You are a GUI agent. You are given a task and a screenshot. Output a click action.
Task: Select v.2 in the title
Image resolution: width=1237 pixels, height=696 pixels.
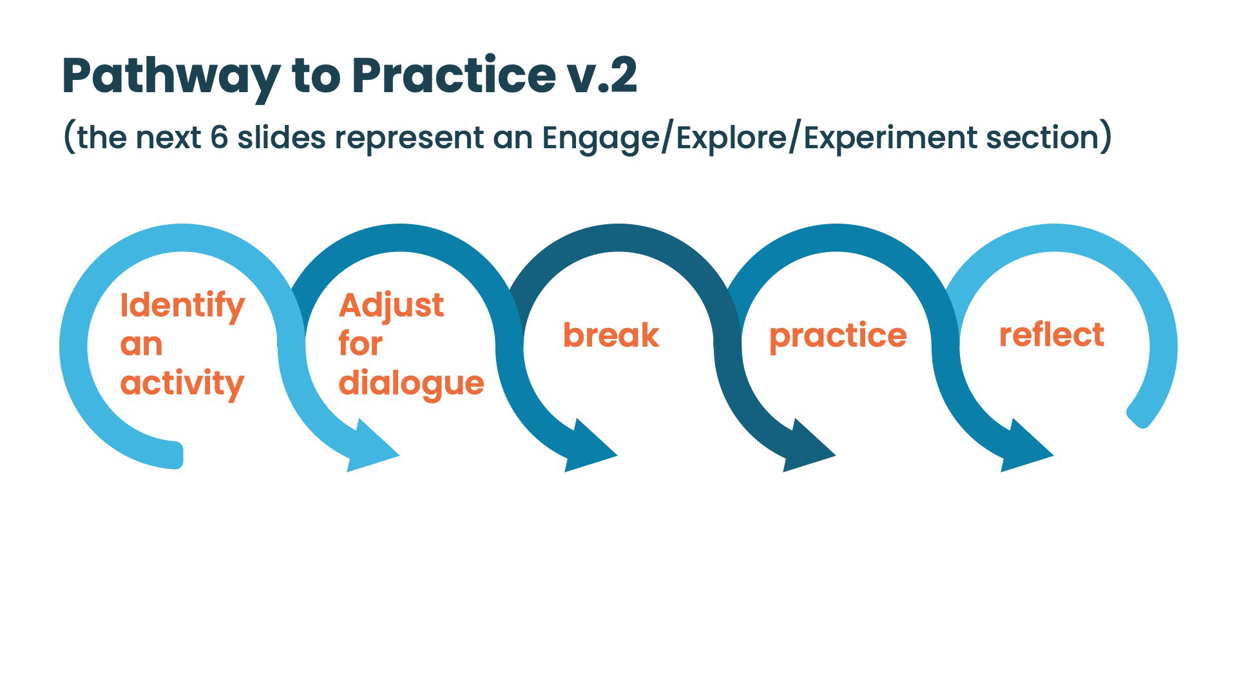pyautogui.click(x=602, y=77)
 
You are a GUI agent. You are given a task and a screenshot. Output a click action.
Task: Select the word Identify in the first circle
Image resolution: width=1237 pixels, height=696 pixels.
pyautogui.click(x=182, y=305)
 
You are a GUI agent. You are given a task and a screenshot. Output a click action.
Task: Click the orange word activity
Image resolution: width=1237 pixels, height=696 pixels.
pyautogui.click(x=182, y=384)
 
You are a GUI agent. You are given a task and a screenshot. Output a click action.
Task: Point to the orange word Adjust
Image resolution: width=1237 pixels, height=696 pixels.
pyautogui.click(x=391, y=305)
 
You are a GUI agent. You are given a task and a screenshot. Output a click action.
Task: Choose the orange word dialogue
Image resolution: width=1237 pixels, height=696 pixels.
pyautogui.click(x=411, y=384)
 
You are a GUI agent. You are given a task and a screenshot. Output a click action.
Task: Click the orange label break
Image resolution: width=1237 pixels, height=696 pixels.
pyautogui.click(x=611, y=335)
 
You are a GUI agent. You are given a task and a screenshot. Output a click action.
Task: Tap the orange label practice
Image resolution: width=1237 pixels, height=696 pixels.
pyautogui.click(x=838, y=336)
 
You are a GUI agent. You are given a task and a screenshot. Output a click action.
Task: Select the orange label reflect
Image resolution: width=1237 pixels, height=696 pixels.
pyautogui.click(x=1051, y=335)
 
